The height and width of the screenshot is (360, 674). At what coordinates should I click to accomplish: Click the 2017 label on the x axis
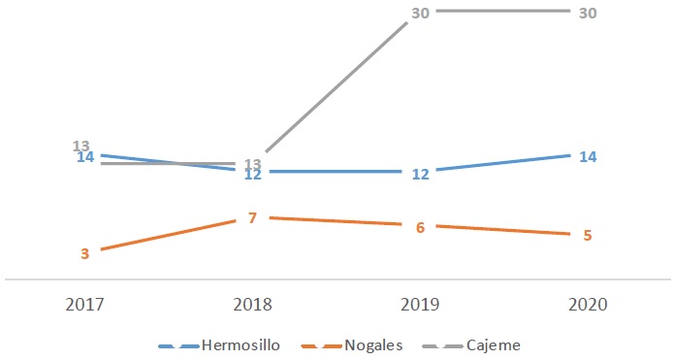point(85,304)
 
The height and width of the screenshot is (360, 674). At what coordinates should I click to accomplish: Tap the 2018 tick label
point(253,304)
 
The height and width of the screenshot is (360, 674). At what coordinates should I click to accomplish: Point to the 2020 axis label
point(589,304)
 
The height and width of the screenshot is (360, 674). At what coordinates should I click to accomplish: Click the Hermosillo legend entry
point(241,344)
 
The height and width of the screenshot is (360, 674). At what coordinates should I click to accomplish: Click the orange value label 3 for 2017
point(85,253)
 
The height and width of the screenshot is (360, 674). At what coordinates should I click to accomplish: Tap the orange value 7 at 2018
point(252,217)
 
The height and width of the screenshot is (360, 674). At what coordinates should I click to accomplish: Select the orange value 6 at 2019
point(421,227)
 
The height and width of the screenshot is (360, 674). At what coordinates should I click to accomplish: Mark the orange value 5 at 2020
point(588,235)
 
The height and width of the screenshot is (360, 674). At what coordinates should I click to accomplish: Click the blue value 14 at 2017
point(85,157)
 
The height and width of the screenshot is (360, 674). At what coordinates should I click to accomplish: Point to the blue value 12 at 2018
point(253,175)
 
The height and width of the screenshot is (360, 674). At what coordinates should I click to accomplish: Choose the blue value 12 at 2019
point(421,175)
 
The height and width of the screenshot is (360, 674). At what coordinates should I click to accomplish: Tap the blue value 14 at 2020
point(588,156)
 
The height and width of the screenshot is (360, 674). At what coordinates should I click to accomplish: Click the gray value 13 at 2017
point(81,146)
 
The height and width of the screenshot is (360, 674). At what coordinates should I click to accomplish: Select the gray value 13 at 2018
point(253,163)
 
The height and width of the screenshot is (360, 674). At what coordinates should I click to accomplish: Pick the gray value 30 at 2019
point(421,14)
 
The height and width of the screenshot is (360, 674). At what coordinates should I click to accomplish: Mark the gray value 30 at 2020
point(588,14)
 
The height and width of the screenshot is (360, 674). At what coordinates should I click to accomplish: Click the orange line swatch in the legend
point(320,345)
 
